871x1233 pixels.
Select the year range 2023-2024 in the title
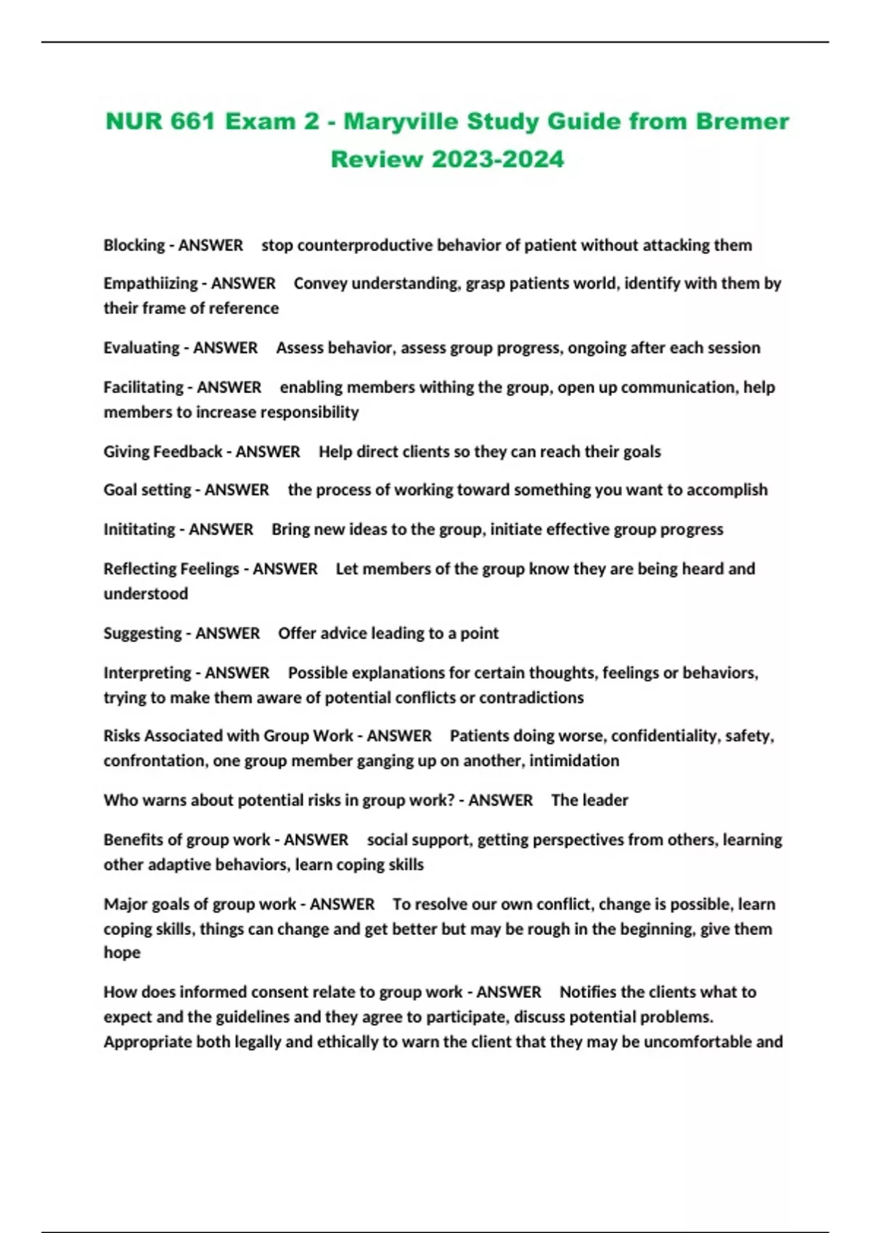[497, 159]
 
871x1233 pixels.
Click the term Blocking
[134, 245]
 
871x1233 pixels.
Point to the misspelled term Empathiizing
[150, 284]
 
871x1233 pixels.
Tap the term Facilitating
[144, 387]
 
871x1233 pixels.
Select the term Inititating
[139, 529]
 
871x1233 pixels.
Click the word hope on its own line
[122, 953]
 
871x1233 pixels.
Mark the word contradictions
[531, 698]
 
